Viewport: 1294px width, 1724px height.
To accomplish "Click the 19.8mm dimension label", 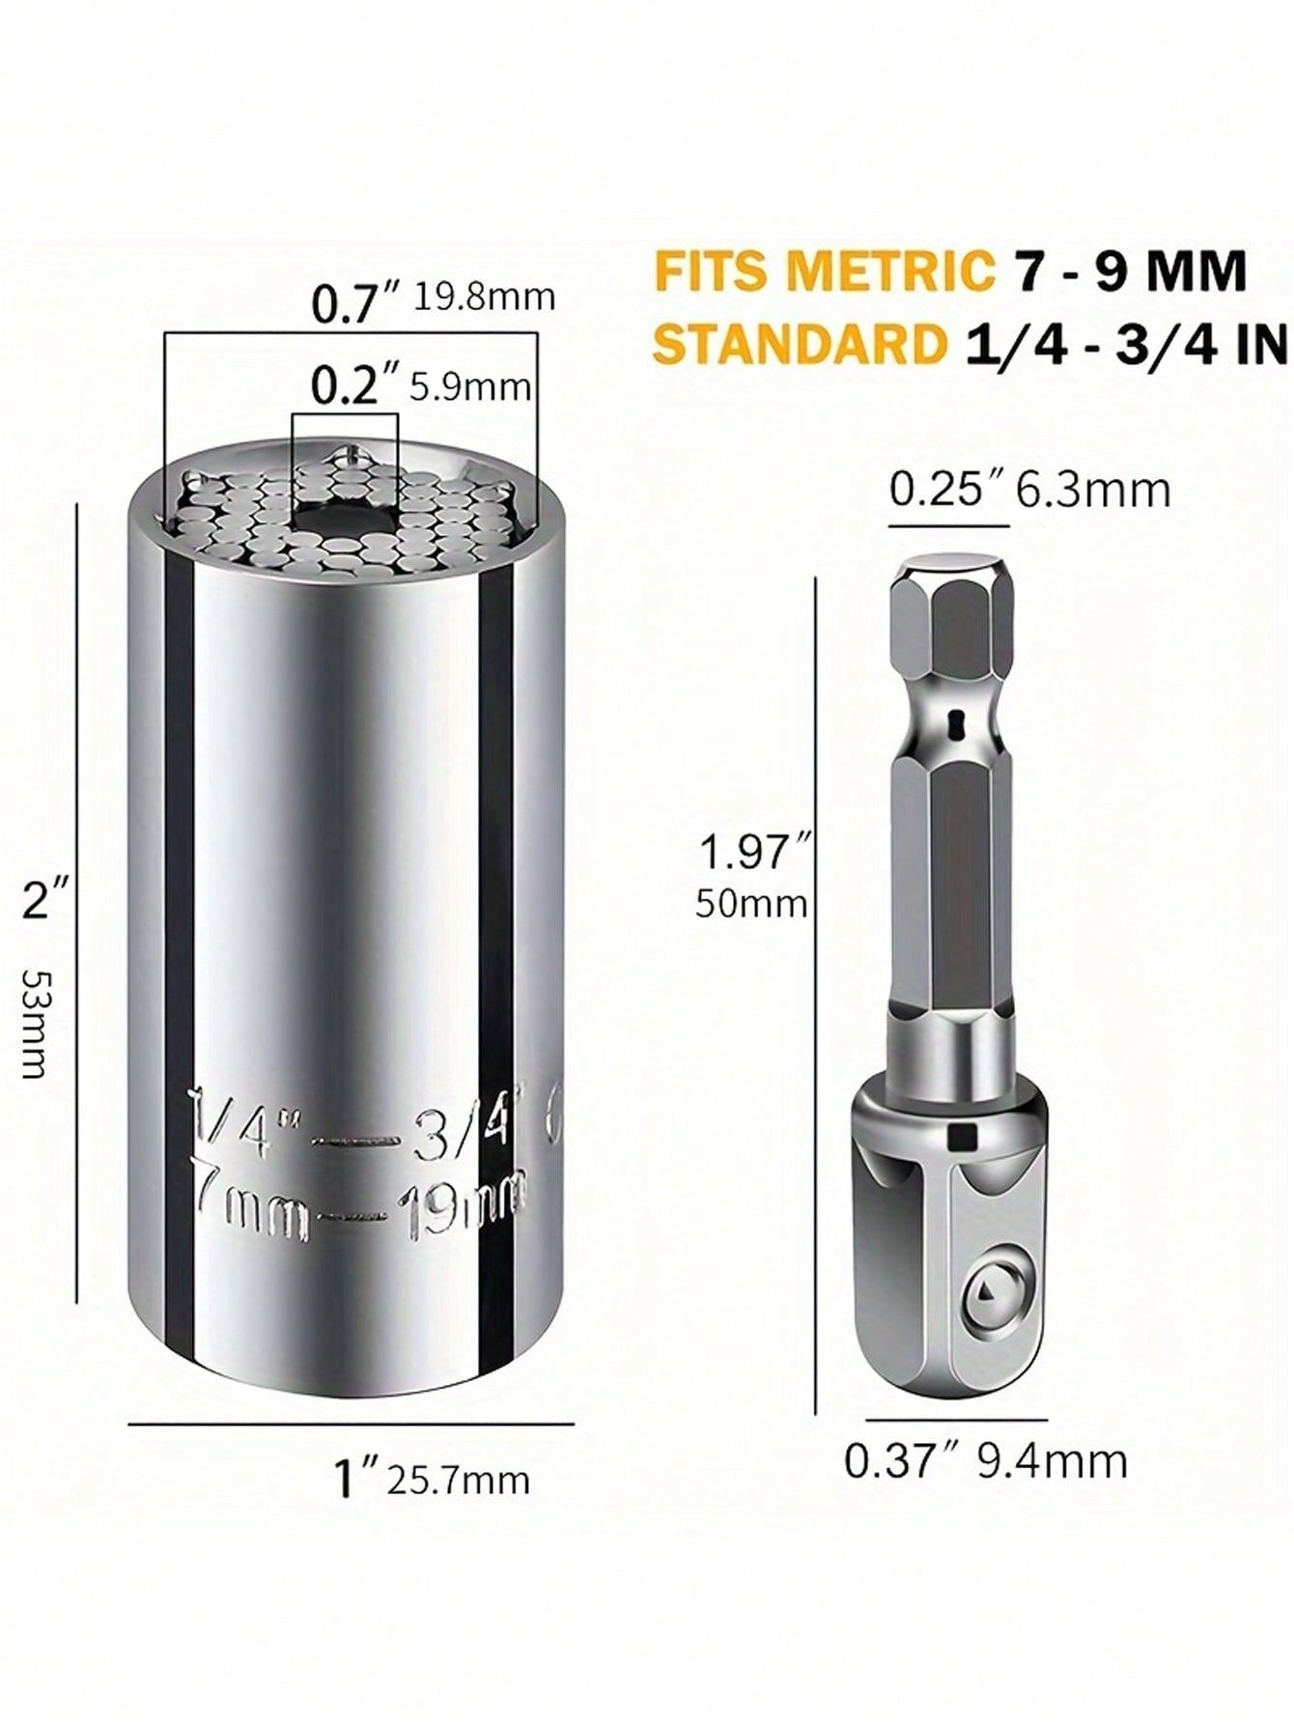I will click(x=485, y=296).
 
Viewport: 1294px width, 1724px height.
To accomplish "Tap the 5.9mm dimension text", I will click(x=470, y=388).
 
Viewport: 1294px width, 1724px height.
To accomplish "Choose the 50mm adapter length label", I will click(x=750, y=905).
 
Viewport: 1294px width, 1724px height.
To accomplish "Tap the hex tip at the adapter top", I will click(x=949, y=604).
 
